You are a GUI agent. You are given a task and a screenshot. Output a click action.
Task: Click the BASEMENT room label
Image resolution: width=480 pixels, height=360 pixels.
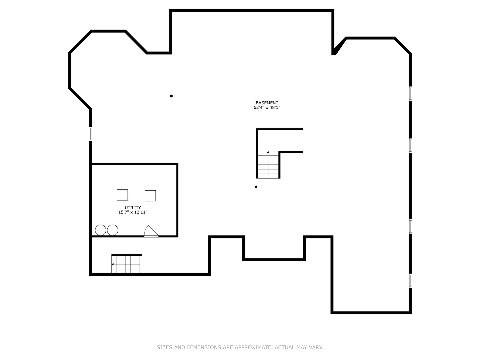click(x=267, y=103)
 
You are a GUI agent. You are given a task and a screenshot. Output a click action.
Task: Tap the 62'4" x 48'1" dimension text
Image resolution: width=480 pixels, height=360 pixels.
click(x=267, y=108)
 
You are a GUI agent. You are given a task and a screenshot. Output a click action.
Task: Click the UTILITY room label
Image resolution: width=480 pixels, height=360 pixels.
click(x=133, y=208)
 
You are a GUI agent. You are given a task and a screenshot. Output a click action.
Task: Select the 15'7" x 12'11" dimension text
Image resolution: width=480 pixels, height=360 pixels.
click(x=133, y=212)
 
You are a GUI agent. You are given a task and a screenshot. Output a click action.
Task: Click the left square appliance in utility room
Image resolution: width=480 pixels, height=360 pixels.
click(x=122, y=195)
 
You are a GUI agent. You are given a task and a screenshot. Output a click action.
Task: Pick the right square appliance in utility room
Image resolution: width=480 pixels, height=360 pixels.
click(x=150, y=196)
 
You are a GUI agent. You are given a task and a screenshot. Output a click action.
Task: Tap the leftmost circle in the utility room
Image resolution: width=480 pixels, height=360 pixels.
click(x=100, y=230)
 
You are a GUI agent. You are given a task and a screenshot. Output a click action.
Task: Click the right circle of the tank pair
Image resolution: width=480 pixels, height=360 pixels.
click(x=113, y=230)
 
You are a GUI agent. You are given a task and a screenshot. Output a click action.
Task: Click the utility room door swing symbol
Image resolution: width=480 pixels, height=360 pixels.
click(x=151, y=231)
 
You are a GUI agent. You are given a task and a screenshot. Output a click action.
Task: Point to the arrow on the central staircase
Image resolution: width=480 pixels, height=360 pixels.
click(x=268, y=153)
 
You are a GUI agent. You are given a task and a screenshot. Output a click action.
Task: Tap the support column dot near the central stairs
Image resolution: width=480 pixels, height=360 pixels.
click(x=256, y=187)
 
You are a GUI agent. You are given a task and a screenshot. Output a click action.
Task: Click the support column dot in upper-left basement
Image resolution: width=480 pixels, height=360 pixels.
click(x=171, y=96)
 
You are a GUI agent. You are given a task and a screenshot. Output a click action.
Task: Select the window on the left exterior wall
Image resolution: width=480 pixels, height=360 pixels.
click(x=90, y=134)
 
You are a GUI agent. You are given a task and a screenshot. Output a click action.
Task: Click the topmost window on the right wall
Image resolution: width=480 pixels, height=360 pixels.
click(x=410, y=93)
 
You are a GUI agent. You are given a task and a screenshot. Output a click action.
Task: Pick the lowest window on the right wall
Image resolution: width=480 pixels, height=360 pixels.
click(x=410, y=281)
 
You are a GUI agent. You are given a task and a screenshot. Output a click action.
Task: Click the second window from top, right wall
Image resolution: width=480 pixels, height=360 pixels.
click(x=410, y=145)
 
